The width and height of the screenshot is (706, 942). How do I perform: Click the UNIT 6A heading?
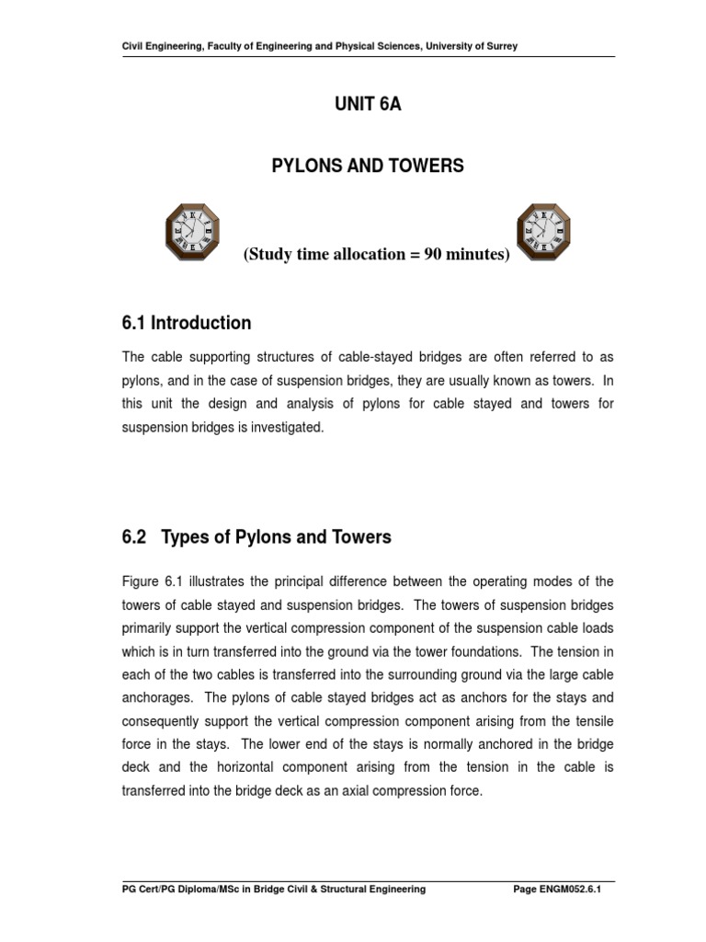368,105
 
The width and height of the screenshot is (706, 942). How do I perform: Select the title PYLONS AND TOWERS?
368,167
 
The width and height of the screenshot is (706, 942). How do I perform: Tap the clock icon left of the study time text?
194,232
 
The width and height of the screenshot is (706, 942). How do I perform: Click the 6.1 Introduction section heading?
187,323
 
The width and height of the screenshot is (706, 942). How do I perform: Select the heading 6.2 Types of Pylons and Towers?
256,537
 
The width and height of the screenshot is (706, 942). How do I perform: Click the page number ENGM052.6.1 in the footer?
578,889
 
